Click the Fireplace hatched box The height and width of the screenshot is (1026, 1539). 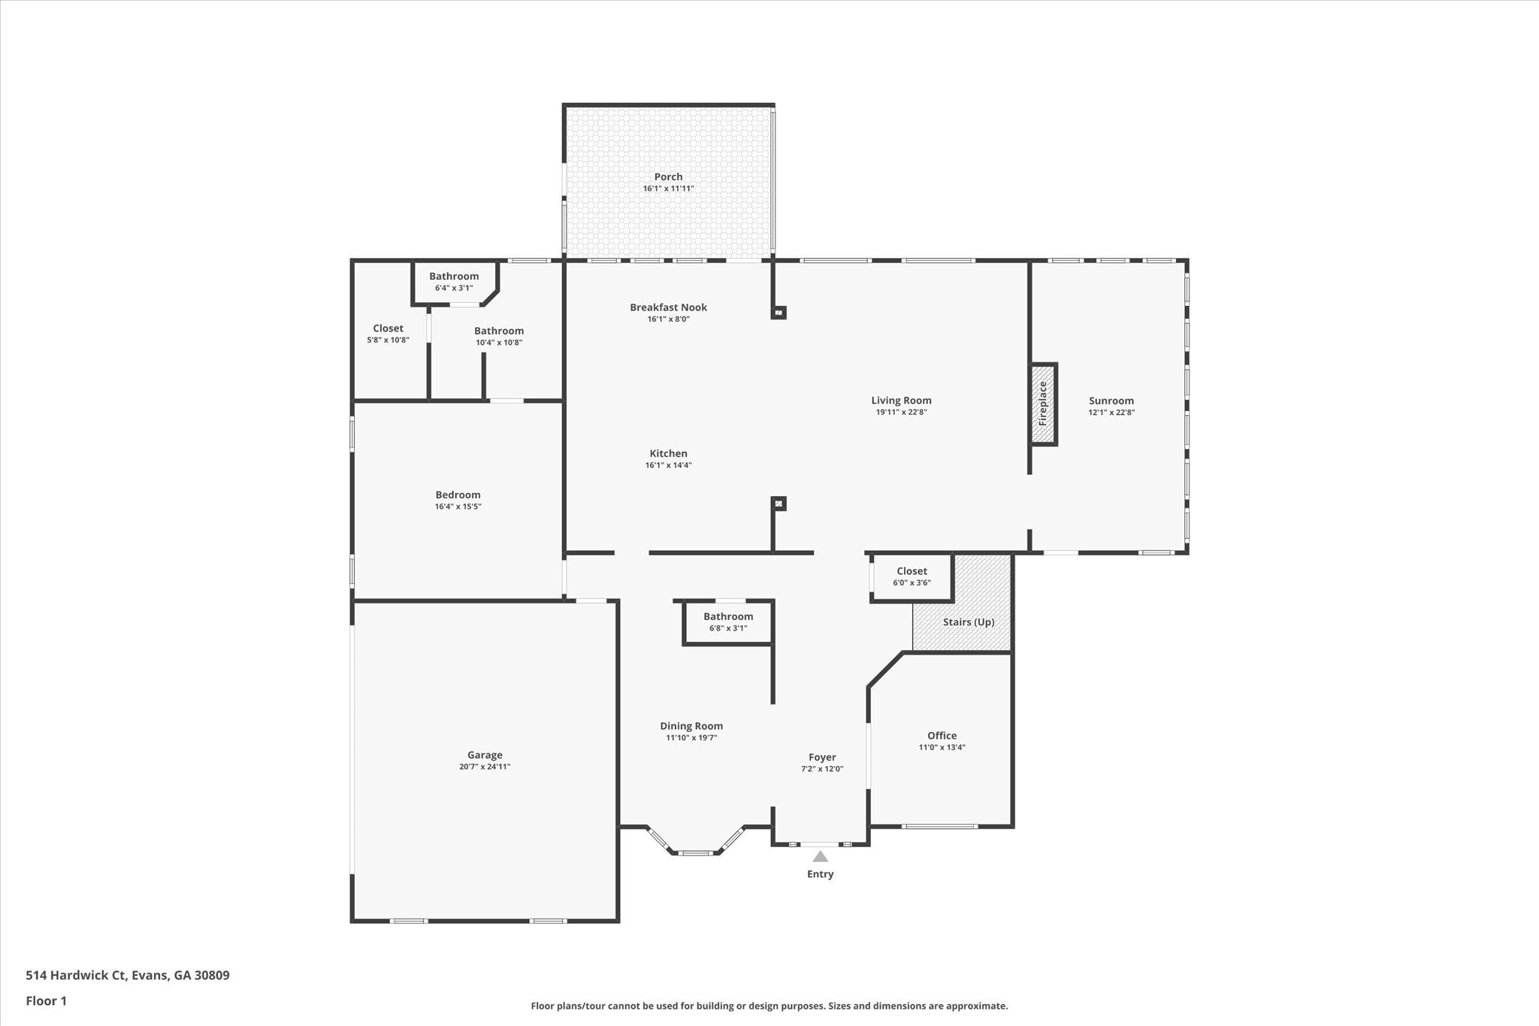point(1043,404)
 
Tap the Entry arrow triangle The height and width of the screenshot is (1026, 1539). point(821,857)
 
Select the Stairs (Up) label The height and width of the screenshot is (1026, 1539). point(969,622)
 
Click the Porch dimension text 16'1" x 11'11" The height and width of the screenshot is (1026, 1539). point(668,189)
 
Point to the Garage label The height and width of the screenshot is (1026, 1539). point(485,755)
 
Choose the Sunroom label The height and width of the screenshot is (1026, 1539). point(1111,401)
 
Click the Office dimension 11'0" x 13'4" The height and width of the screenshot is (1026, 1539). point(942,747)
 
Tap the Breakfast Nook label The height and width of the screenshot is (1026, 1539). point(668,307)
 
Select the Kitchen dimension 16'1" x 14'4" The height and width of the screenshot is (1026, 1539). point(668,465)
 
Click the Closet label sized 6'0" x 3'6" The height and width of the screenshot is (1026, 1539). point(912,571)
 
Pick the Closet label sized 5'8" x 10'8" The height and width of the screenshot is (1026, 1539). point(388,328)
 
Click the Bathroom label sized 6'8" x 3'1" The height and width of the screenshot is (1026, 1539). point(728,616)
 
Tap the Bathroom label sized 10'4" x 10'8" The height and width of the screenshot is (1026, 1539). point(499,331)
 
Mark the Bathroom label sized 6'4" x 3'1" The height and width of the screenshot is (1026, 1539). point(454,277)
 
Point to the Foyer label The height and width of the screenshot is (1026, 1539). point(822,758)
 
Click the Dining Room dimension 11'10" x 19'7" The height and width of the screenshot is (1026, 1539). point(691,738)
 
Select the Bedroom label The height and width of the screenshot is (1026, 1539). point(458,495)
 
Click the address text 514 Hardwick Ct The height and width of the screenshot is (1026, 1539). point(76,976)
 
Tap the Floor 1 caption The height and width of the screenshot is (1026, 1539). point(47,1001)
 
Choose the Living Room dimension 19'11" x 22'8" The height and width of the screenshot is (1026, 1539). point(901,412)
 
